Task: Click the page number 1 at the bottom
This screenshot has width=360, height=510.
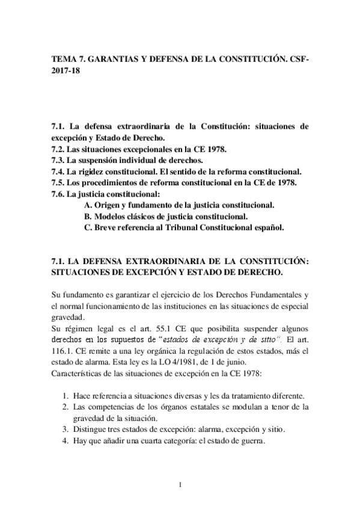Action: (x=180, y=485)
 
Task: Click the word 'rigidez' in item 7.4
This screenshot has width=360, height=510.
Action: (x=93, y=171)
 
